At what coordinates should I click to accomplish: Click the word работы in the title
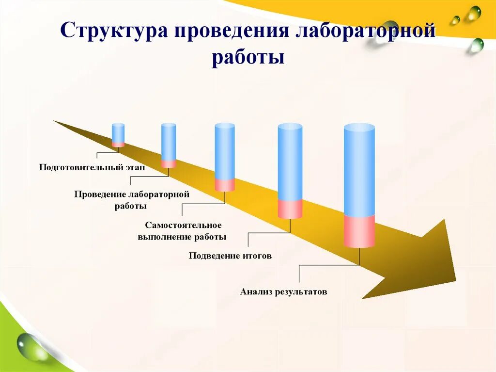[x=248, y=57]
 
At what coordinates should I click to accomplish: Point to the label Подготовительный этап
[x=92, y=167]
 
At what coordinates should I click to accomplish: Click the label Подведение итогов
[x=230, y=256]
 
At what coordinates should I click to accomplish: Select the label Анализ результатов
[x=283, y=292]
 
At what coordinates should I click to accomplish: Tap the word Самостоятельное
[x=183, y=226]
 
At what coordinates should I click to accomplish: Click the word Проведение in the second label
[x=100, y=194]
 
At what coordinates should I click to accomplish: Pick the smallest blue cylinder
[x=118, y=132]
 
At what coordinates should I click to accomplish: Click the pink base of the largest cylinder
[x=359, y=231]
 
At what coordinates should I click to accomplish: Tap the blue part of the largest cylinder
[x=359, y=170]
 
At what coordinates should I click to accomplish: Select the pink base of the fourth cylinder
[x=290, y=209]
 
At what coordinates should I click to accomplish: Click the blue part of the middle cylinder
[x=225, y=151]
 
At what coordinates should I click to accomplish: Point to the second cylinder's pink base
[x=169, y=163]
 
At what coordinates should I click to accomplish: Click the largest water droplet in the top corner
[x=474, y=13]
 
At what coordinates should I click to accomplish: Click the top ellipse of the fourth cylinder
[x=290, y=127]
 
